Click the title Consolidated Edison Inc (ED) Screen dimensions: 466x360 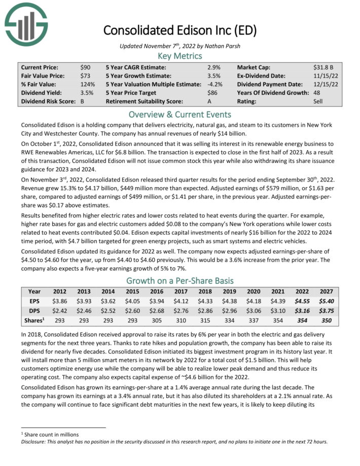point(180,30)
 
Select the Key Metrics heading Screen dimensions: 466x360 point(180,56)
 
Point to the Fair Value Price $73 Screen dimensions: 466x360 point(86,76)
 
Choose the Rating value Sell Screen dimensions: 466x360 point(318,101)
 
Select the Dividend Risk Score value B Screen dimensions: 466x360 point(83,101)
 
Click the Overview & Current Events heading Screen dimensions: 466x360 point(180,114)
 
